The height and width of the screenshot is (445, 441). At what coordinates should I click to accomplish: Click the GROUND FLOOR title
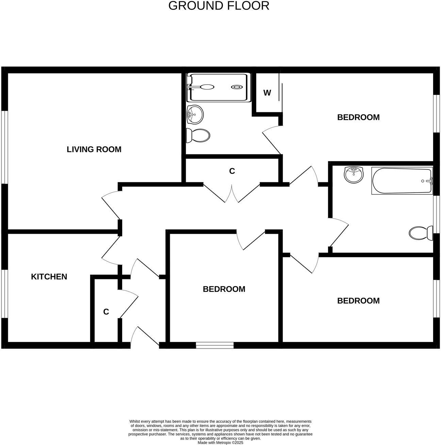point(219,6)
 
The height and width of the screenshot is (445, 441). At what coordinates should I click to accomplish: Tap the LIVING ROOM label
point(94,149)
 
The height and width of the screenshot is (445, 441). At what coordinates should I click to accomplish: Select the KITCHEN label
point(49,277)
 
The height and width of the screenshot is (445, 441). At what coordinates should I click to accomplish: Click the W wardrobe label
point(267,93)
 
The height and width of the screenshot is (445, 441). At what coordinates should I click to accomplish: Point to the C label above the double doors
point(232,171)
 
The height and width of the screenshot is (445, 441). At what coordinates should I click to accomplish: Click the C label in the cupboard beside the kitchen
point(106,312)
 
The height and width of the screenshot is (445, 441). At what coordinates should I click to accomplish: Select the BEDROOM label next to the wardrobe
point(358,117)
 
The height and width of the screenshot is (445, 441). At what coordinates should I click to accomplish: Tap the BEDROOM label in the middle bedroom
point(224,289)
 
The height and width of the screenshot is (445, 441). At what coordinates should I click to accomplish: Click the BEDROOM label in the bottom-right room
point(358,301)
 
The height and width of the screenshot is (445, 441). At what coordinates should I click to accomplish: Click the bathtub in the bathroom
point(402,181)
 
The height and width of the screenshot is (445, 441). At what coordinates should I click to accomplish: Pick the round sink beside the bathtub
point(354,175)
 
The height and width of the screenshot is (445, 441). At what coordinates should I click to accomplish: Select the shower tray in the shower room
point(219,87)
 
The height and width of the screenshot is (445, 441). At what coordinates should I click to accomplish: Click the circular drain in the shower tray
point(236,87)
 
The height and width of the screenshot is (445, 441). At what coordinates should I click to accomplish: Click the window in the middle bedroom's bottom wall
point(215,345)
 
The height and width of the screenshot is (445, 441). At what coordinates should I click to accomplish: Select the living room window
point(4,147)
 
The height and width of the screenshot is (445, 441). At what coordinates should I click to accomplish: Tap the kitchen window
point(4,294)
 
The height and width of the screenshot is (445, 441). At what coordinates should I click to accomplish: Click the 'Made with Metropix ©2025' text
point(220,443)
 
